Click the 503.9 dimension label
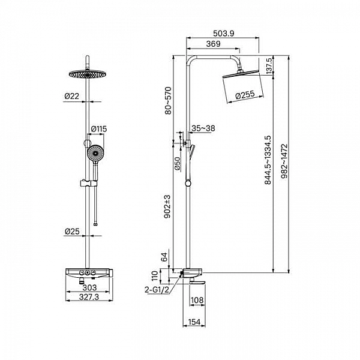223,34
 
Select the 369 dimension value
213,44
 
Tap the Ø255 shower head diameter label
245,95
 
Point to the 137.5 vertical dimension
269,65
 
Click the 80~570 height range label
168,100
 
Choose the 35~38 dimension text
203,128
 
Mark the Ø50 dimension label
178,163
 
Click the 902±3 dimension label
167,206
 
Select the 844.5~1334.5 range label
268,160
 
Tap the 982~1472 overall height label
284,161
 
